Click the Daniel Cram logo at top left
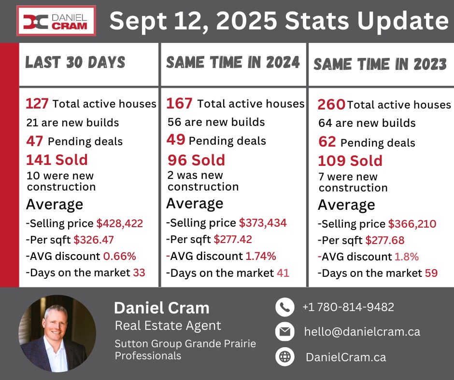point(56,21)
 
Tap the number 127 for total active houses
point(37,104)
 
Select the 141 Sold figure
point(57,160)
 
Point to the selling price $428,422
point(120,223)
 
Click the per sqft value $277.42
point(233,239)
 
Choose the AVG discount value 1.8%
point(407,257)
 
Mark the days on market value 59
point(431,273)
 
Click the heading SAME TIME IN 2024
point(233,63)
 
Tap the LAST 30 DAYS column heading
point(75,62)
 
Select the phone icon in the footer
point(285,307)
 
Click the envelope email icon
point(285,331)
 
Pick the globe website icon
point(285,357)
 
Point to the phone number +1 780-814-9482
point(348,307)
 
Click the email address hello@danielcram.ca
point(362,331)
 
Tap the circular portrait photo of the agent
point(57,333)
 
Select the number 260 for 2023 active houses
point(331,104)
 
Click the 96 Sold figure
point(196,160)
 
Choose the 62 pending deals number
point(327,142)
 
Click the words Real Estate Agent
point(168,326)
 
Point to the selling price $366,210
point(412,224)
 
